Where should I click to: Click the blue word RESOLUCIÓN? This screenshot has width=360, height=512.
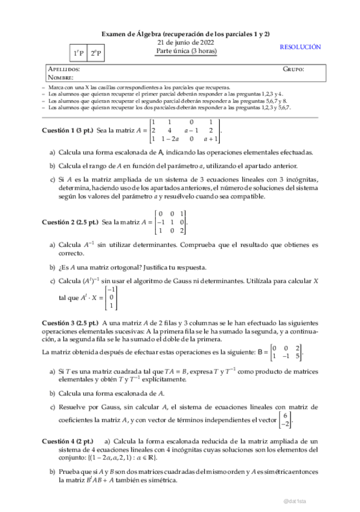click(300, 47)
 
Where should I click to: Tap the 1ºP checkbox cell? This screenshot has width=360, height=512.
click(79, 54)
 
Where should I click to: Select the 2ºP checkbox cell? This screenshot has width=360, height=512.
click(95, 54)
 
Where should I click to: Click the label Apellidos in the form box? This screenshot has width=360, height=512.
click(63, 69)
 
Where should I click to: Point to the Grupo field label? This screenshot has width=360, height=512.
click(293, 69)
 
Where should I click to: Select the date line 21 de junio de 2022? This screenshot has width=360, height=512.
click(185, 43)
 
